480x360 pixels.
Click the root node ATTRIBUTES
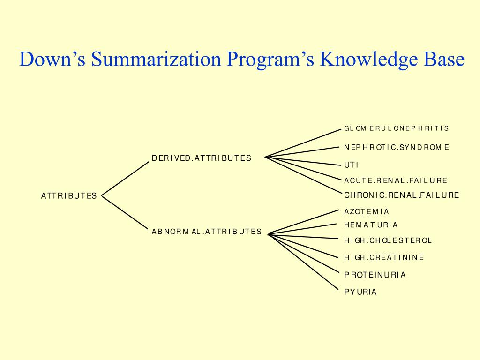pos(69,196)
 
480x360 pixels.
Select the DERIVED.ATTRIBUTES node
pos(201,158)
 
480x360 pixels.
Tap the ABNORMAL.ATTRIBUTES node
pos(206,232)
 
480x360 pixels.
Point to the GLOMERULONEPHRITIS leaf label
pos(396,128)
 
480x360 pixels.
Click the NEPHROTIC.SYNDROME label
pos(396,147)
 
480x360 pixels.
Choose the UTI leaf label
pos(351,165)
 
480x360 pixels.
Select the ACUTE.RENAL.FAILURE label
pos(396,180)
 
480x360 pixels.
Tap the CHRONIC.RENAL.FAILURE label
pos(401,195)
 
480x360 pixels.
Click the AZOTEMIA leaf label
pos(367,212)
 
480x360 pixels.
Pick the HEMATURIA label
pos(371,225)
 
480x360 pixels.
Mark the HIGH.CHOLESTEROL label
pos(388,240)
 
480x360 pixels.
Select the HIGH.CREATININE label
pos(384,257)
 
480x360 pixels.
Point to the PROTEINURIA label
pos(375,275)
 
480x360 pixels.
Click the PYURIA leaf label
pos(360,292)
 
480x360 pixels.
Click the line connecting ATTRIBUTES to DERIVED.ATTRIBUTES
pos(125,178)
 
